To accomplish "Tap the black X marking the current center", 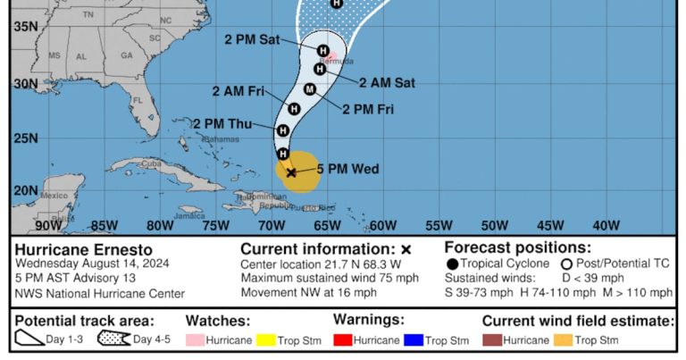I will pos(291,172).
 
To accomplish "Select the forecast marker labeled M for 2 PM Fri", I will pos(310,88).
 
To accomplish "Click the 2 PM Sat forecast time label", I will pos(252,39).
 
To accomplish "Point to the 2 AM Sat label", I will pos(387,82).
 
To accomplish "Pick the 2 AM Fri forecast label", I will pos(238,91).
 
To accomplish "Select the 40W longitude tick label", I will pos(606,225).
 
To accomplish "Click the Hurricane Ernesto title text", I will pos(84,249).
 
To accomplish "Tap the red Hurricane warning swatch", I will pos(343,340).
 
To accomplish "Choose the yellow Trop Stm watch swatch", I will pos(266,340).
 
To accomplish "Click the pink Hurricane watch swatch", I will pos(195,340).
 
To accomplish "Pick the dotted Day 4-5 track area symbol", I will pos(114,339).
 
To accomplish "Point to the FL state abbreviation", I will pos(138,101).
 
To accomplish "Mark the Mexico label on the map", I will pos(54,195).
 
